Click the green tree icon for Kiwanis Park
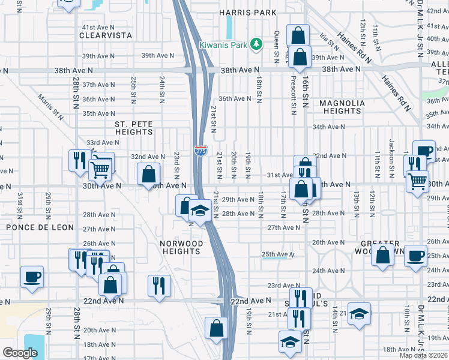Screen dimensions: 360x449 pos(256,44)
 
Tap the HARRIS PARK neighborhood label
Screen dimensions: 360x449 pos(248,13)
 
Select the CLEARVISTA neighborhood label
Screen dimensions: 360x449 pos(105,35)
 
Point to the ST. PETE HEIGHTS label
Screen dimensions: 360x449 pos(134,128)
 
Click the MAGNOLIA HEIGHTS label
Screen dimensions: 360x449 pos(342,107)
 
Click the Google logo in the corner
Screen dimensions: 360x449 pos(20,353)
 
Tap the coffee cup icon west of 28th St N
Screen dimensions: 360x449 pos(32,277)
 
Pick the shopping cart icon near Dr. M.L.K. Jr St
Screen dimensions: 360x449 pos(417,180)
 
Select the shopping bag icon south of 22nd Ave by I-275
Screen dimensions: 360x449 pos(216,328)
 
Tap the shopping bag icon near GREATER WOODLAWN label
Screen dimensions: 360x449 pos(382,254)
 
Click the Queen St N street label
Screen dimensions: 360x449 pos(277,42)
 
